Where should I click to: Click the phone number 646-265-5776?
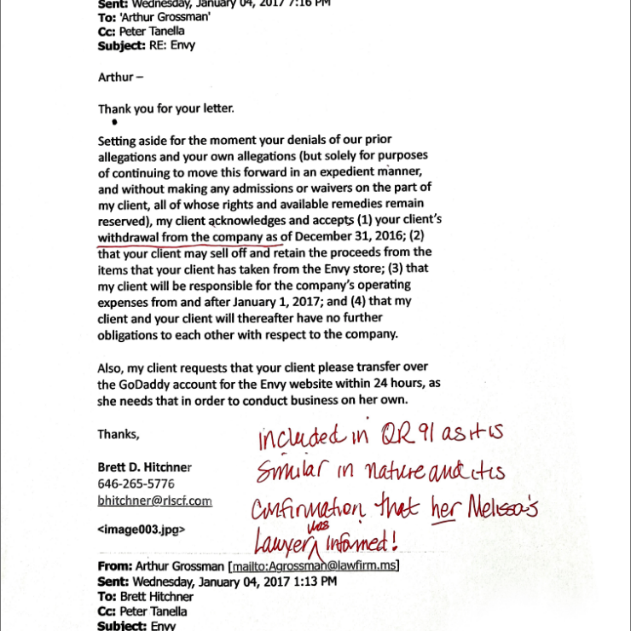(136, 483)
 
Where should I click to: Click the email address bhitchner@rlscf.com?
(154, 501)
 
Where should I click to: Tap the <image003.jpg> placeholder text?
(141, 529)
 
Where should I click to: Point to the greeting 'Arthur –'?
(120, 77)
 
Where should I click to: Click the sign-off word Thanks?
(118, 434)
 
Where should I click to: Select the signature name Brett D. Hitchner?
(144, 467)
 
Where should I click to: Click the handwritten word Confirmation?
(307, 509)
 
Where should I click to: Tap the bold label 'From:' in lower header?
(115, 566)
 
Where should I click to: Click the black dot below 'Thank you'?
(115, 122)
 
